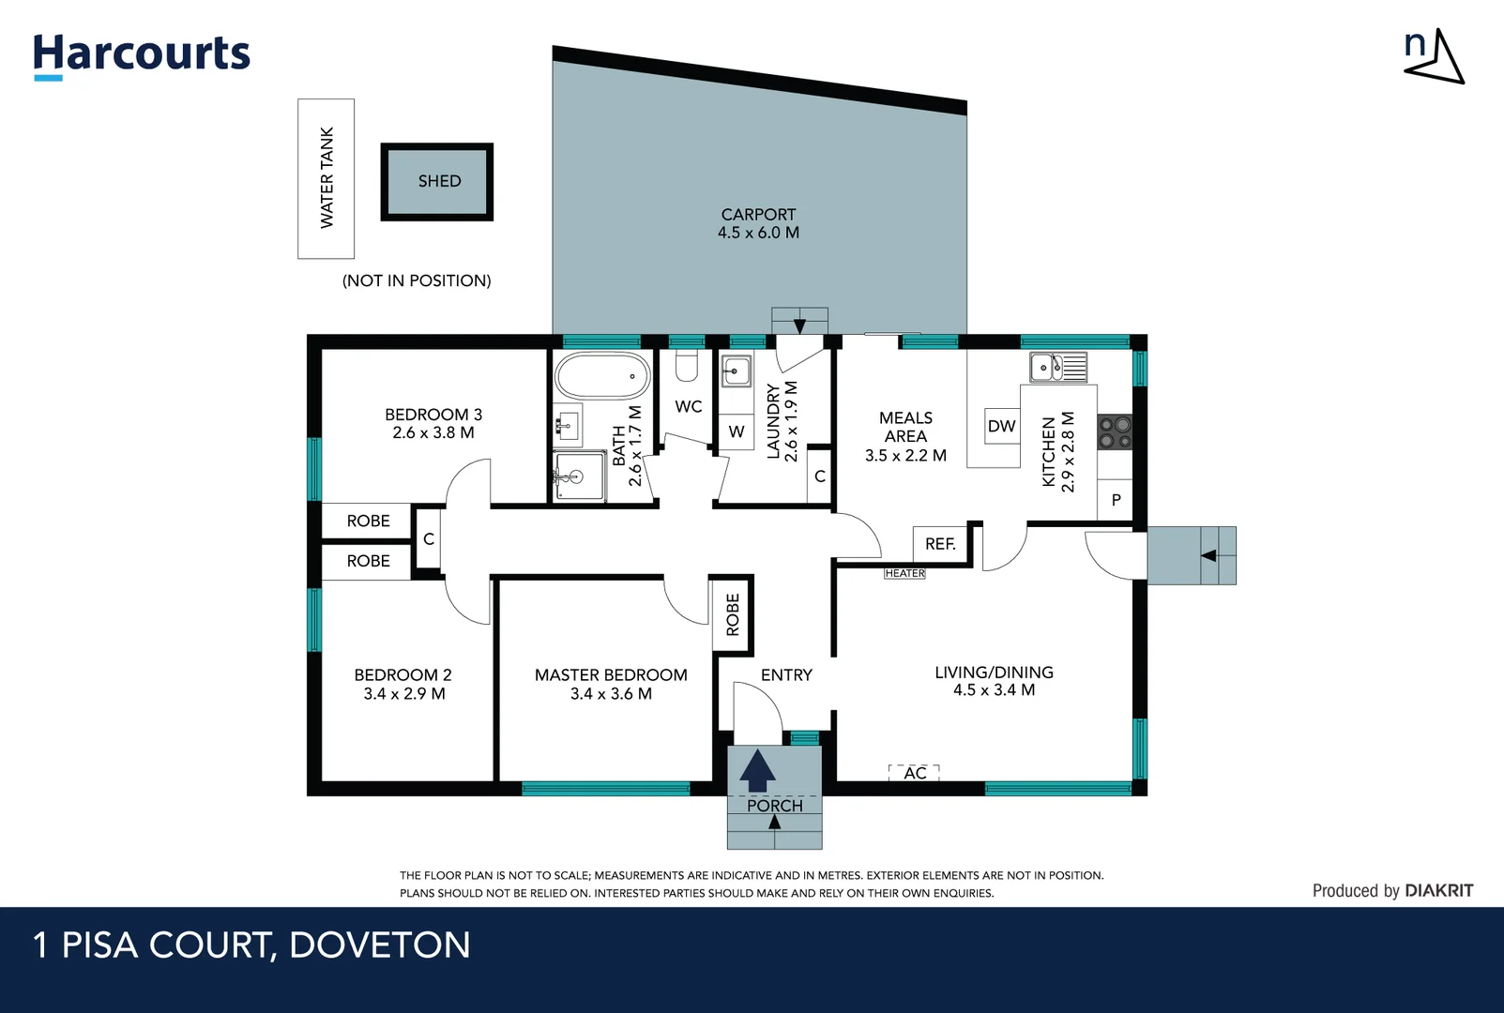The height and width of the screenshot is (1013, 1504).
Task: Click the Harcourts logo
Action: coord(142,54)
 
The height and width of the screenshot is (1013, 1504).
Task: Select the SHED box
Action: coord(437,181)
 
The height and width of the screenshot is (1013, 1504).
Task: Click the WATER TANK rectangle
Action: coord(327,178)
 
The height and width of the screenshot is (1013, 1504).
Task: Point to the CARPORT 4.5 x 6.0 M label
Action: coord(758,223)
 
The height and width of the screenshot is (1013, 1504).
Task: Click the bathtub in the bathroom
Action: coord(602,376)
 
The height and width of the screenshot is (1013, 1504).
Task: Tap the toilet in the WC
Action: coord(687,366)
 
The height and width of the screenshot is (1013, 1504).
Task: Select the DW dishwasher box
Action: coord(1001,426)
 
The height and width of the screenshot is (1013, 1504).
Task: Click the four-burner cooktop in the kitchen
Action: coord(1115,432)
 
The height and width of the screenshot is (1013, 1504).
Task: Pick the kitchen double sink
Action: coord(1057,367)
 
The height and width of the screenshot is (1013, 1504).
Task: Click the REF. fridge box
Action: coord(940,544)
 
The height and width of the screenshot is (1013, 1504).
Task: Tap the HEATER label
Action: coord(904,573)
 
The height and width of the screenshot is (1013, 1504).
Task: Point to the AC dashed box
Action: coord(915,773)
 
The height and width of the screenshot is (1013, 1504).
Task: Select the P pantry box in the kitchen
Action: coord(1116,500)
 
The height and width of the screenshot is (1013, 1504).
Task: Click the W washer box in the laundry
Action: coord(737,431)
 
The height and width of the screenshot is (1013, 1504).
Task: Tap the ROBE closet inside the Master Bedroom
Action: coord(733,614)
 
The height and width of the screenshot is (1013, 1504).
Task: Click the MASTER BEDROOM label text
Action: coord(611,675)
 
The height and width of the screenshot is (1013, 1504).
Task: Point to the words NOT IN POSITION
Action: coord(417,280)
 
